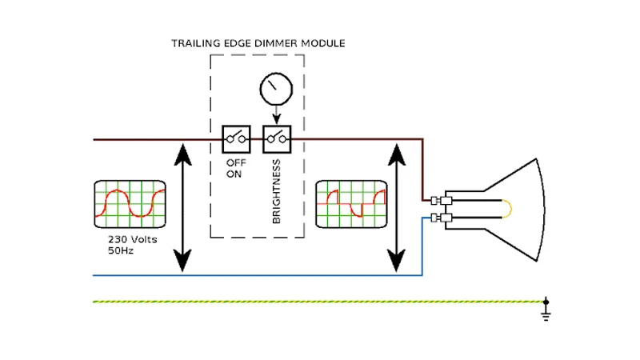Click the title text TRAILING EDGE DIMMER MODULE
(x=258, y=42)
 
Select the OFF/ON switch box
(x=235, y=139)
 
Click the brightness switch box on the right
(x=277, y=139)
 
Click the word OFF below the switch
(x=235, y=162)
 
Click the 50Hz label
(x=120, y=250)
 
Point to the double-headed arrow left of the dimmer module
(x=183, y=206)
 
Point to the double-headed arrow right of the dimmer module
(x=398, y=206)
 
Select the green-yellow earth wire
(x=320, y=302)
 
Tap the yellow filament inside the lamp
(x=508, y=209)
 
